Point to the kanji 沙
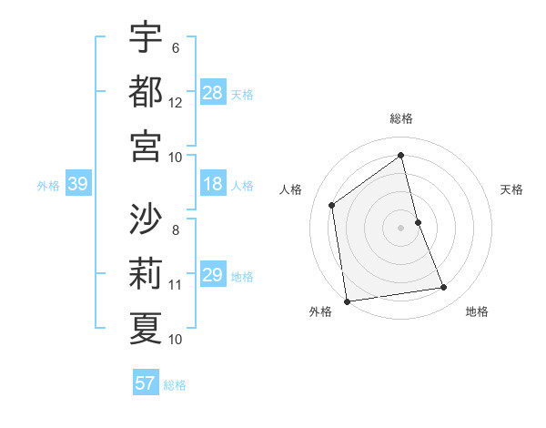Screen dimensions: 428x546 (x=146, y=219)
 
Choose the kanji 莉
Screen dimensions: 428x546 (x=146, y=274)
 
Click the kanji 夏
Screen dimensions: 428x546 (x=146, y=328)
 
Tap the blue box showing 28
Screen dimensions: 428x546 (x=213, y=93)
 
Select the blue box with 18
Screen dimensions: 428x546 (x=213, y=185)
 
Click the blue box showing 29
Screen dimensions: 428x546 (x=213, y=275)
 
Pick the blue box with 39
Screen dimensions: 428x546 (x=77, y=185)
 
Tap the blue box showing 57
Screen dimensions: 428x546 (x=146, y=383)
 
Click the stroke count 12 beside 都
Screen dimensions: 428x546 (x=176, y=103)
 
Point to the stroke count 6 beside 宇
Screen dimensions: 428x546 (x=175, y=48)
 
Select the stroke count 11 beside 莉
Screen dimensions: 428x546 (x=176, y=285)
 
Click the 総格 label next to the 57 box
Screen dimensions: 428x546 (x=175, y=385)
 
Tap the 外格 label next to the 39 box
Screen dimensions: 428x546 (x=48, y=186)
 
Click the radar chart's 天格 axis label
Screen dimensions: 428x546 (x=512, y=189)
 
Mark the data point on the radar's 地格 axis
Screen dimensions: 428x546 (x=444, y=288)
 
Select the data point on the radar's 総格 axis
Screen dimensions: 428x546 (x=401, y=155)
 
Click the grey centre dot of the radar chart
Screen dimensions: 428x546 (x=401, y=227)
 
